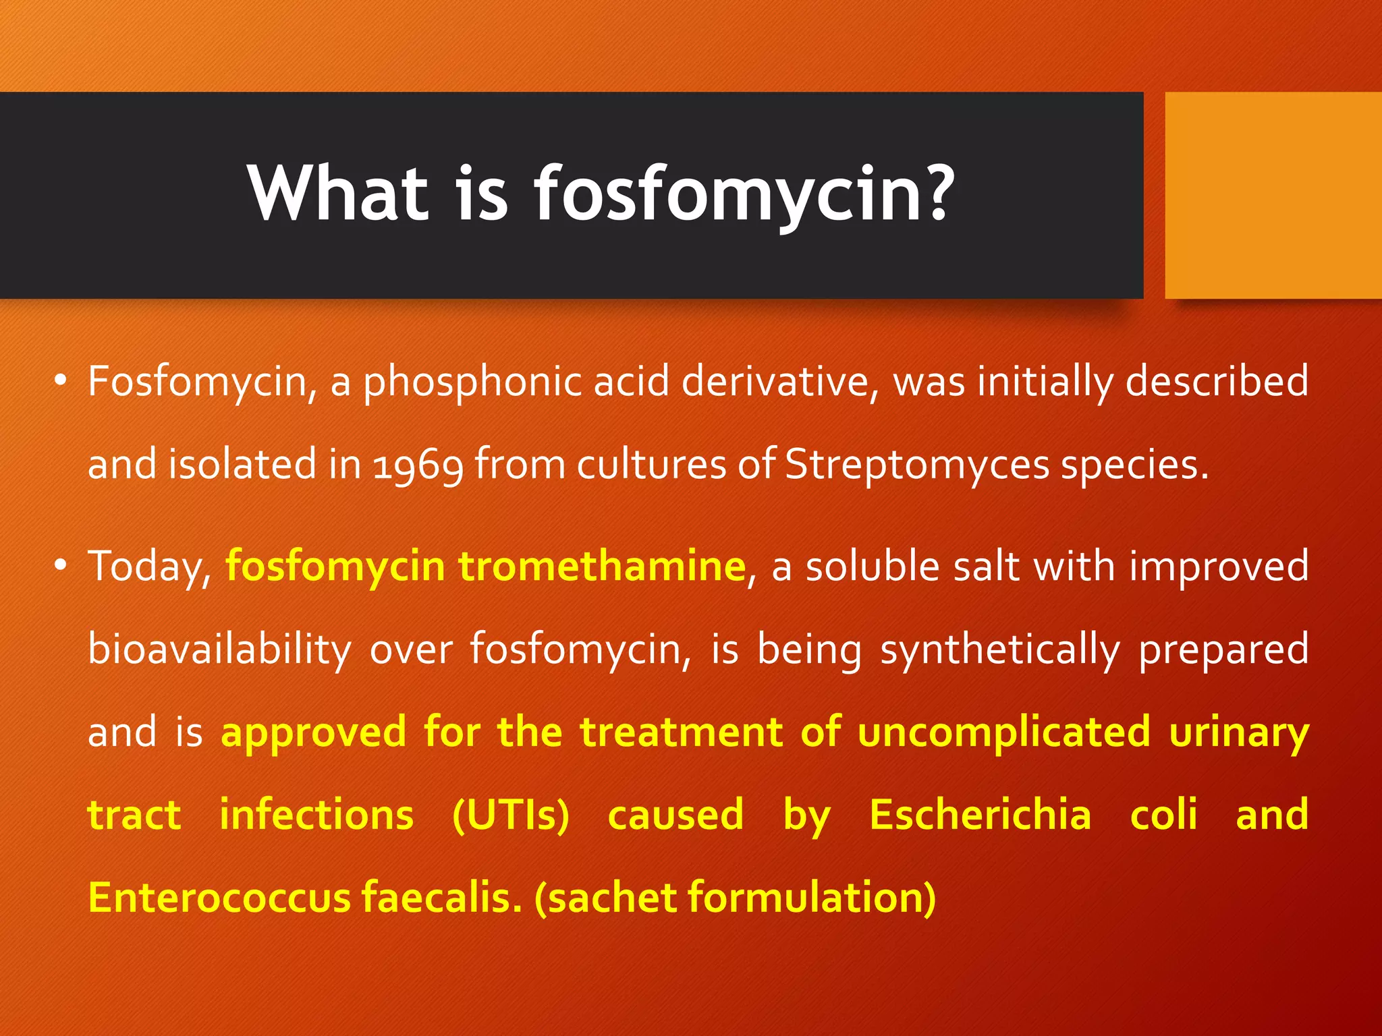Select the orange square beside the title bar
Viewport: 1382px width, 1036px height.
click(1273, 195)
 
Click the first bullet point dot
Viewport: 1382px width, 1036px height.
click(61, 380)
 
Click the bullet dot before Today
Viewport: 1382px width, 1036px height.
click(61, 565)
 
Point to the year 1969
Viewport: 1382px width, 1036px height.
click(418, 465)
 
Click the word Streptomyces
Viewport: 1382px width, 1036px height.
click(917, 465)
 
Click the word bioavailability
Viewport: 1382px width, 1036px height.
click(219, 650)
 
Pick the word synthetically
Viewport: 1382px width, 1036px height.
click(999, 650)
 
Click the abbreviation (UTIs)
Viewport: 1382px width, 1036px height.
click(511, 815)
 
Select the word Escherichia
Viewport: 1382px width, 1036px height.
click(980, 815)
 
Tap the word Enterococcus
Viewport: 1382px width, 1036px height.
click(219, 898)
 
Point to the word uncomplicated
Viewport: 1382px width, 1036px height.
click(1004, 732)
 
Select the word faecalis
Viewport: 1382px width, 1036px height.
click(441, 898)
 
